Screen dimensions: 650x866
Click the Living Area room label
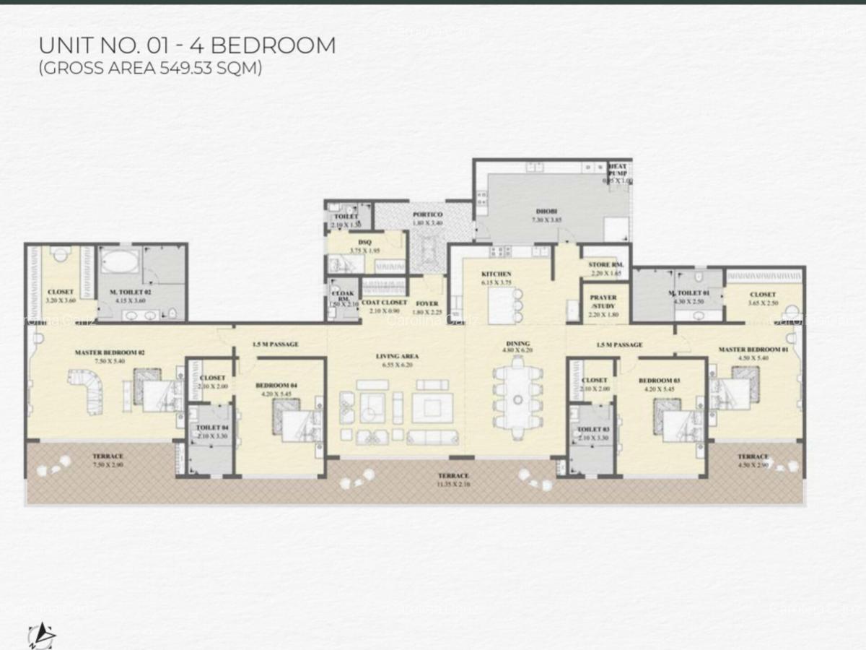coord(397,357)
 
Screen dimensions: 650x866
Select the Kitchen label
coord(497,274)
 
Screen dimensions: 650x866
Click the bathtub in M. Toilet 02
coord(120,261)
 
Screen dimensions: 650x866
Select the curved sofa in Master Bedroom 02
coord(86,391)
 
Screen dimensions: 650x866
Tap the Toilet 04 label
coord(212,428)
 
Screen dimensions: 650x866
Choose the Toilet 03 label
coord(594,430)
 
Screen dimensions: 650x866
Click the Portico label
coord(427,215)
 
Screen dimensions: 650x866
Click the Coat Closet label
coord(384,304)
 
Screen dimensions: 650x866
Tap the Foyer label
coord(427,304)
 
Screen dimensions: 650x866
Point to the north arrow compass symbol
coord(41,635)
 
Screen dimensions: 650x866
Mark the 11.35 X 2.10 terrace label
coord(453,476)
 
